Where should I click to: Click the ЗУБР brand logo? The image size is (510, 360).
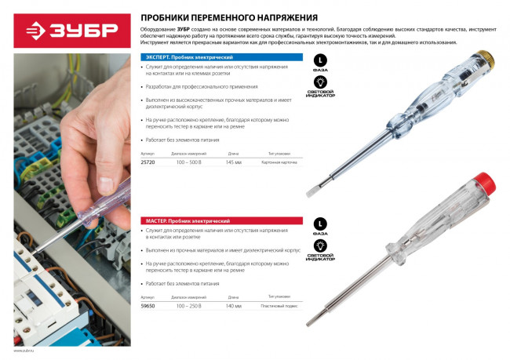tap(69, 30)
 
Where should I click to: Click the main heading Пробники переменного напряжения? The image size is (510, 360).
tap(229, 16)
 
